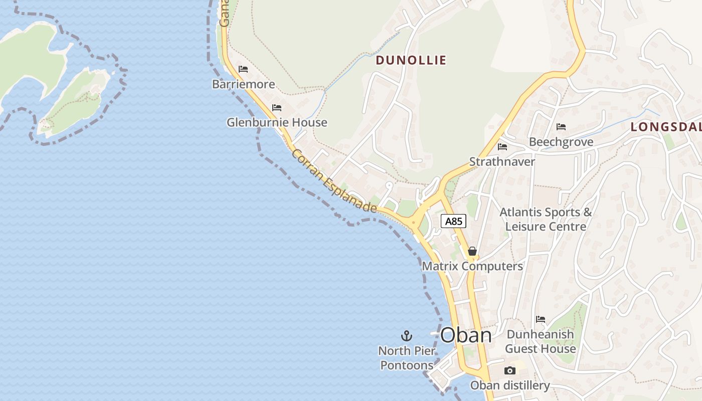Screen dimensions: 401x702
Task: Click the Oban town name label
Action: click(466, 335)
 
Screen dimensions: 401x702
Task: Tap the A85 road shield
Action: click(454, 221)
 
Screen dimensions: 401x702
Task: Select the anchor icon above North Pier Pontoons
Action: click(407, 336)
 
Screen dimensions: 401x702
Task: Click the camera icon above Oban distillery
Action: click(510, 371)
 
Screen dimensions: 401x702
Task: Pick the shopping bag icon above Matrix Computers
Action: click(472, 251)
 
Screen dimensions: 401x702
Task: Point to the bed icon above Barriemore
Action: click(243, 69)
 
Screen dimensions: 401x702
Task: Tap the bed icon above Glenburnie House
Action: click(277, 108)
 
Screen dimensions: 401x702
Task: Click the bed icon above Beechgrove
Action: click(561, 127)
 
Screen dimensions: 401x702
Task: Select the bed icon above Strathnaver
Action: click(502, 147)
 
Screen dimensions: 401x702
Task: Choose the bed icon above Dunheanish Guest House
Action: click(540, 319)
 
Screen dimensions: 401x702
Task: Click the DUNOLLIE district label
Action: click(411, 60)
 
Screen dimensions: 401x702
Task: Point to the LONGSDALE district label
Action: click(666, 127)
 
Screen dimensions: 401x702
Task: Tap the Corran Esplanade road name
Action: click(334, 180)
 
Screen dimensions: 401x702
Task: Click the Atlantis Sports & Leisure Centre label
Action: click(546, 220)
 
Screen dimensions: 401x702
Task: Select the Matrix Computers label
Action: click(472, 266)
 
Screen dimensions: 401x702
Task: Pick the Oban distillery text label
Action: click(510, 385)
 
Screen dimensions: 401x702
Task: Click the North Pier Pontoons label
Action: click(407, 358)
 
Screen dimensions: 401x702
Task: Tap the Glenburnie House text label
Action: click(277, 122)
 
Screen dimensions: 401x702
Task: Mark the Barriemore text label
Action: click(244, 84)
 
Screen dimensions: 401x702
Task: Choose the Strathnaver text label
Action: click(502, 162)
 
